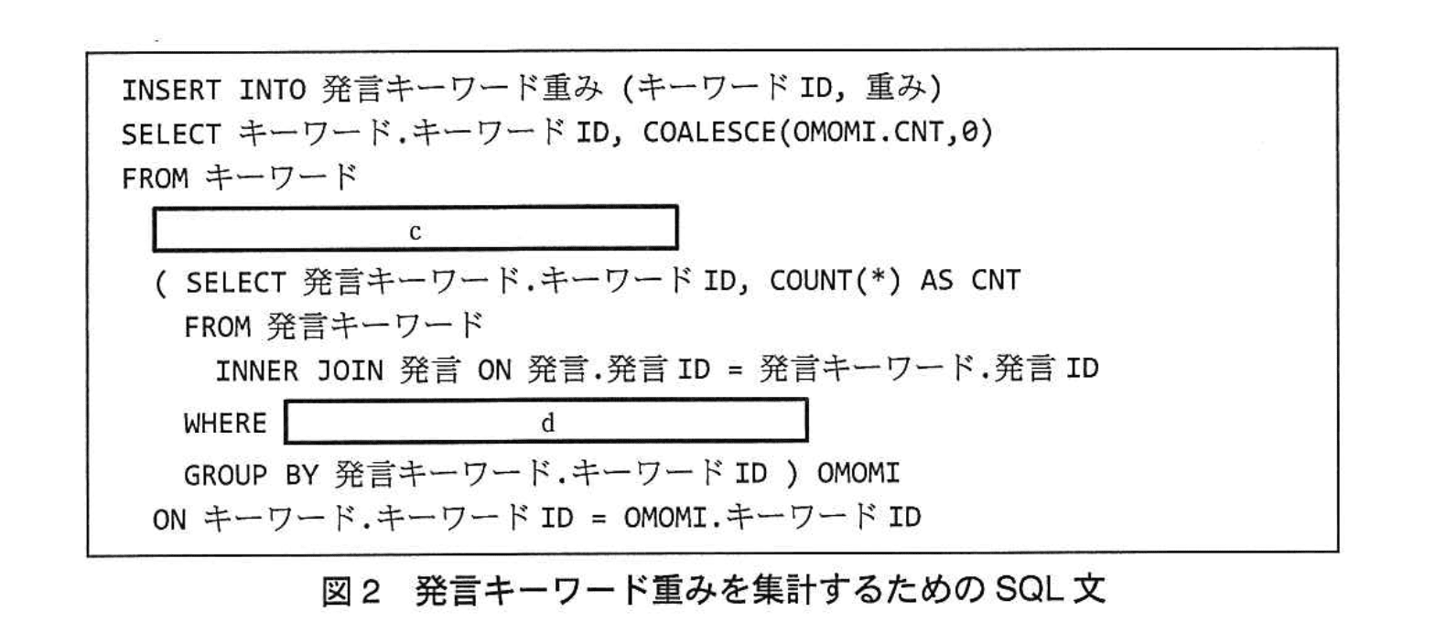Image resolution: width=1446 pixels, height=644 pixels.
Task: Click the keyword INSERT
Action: coord(170,90)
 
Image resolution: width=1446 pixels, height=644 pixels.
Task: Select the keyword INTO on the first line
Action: coord(272,90)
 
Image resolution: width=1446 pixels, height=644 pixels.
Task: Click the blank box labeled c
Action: coord(415,229)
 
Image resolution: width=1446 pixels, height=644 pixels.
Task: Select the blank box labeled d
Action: coord(546,422)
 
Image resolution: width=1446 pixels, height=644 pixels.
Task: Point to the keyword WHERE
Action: coord(224,424)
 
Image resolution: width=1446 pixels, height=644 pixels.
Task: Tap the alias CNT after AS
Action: coord(995,281)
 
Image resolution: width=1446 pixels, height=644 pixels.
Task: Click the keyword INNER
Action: coord(256,371)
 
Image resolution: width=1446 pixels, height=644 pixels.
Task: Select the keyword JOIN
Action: coord(350,371)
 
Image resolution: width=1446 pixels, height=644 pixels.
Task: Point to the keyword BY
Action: coord(301,475)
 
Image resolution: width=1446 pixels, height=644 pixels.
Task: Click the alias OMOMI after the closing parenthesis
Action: coord(858,474)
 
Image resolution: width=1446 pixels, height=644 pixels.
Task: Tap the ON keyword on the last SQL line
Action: coord(169,520)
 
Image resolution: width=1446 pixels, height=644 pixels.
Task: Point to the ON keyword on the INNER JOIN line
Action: coord(493,371)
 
